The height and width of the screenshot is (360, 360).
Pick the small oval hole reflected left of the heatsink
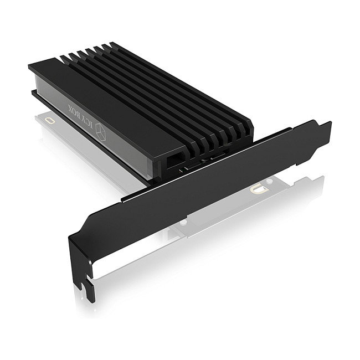[x=51, y=119]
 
